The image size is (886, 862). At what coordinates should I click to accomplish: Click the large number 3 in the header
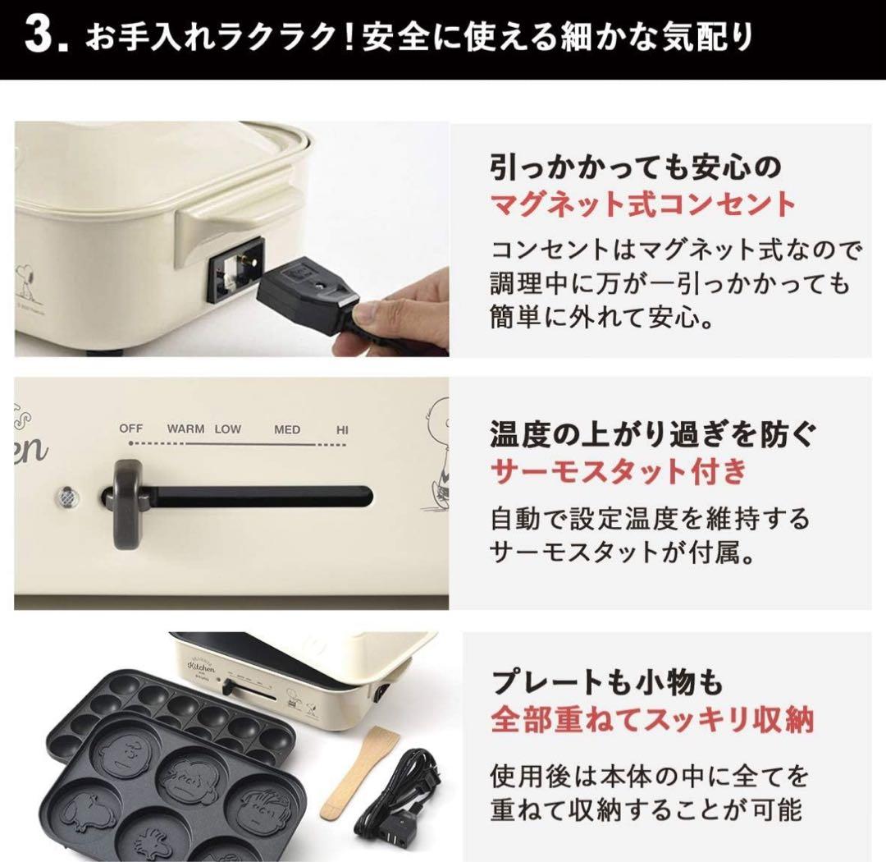point(42,39)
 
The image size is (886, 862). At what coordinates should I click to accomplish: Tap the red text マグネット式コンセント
point(642,204)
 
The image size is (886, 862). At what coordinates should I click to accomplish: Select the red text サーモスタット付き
point(619,472)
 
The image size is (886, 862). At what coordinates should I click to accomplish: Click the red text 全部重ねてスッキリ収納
point(652,720)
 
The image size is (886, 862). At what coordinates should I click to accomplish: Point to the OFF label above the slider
point(131,429)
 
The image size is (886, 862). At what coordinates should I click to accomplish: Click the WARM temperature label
point(185,429)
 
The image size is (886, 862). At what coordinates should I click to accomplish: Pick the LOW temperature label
point(228,429)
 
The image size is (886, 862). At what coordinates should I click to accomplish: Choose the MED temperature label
point(287,429)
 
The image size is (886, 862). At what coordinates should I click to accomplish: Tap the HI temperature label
point(342,429)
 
